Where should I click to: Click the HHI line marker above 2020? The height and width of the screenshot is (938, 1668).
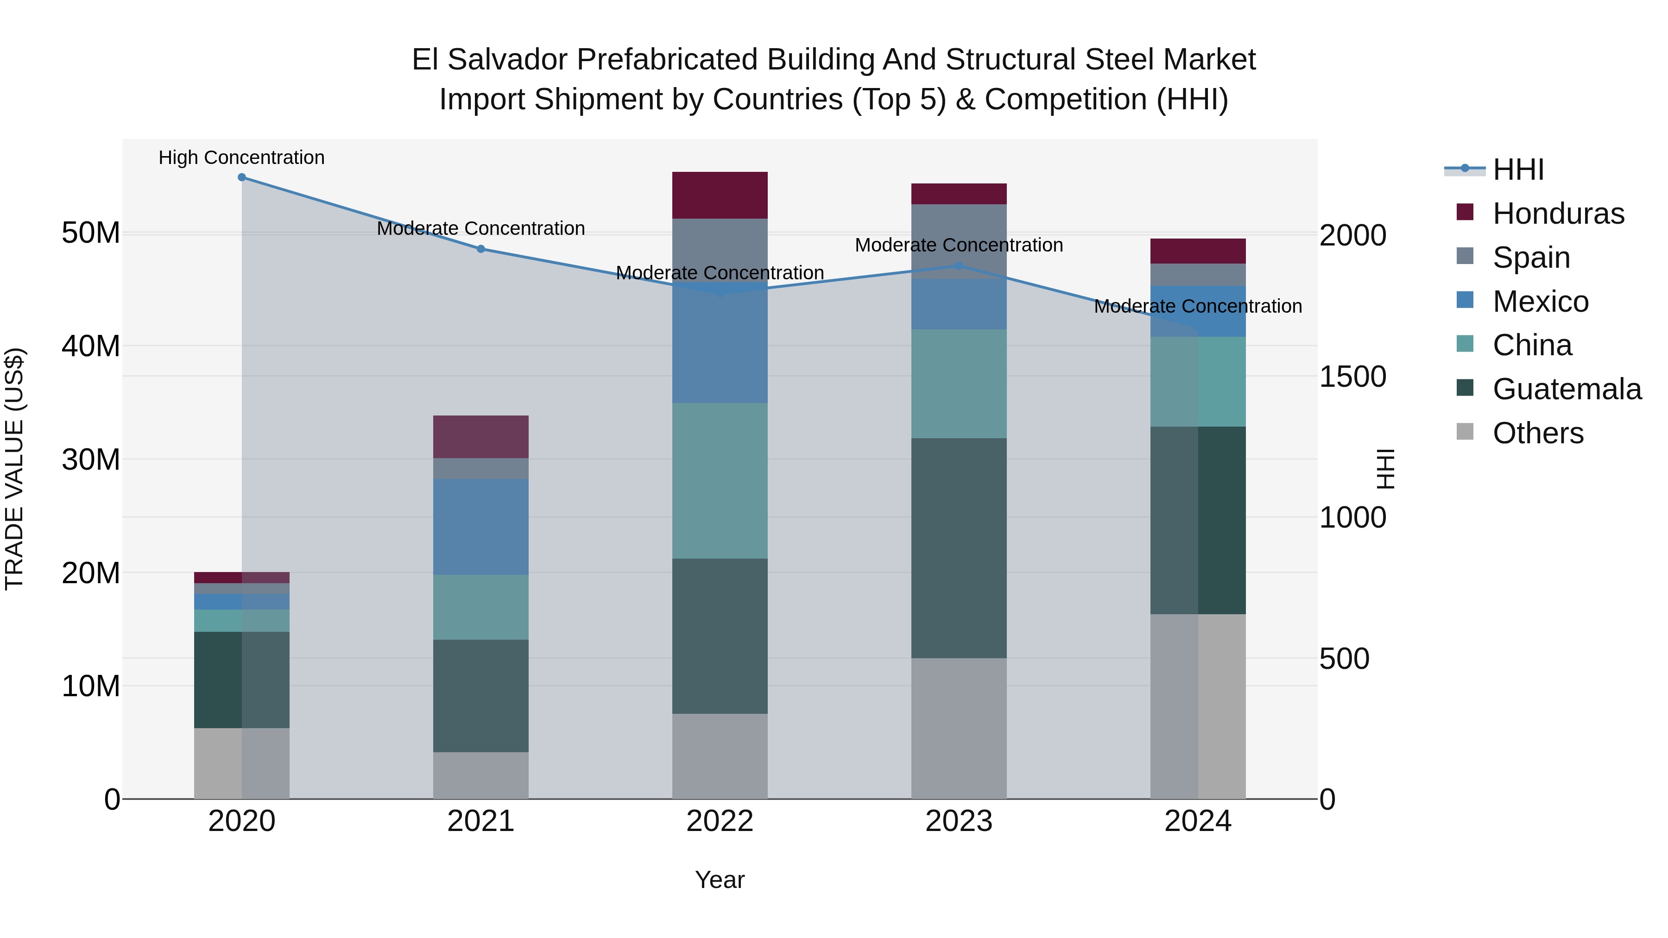[241, 177]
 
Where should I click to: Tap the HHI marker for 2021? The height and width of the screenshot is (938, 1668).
[480, 249]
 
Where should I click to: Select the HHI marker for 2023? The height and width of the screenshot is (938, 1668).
[959, 266]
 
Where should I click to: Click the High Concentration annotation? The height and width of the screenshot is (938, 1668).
[241, 158]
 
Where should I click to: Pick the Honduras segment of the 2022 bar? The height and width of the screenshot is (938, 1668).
[720, 195]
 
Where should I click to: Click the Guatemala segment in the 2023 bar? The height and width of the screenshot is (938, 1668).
[959, 548]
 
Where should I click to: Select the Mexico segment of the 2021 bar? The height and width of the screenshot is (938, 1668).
[480, 527]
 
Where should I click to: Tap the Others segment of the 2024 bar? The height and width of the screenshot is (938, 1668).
[1198, 706]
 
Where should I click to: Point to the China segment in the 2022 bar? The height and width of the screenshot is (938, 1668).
[720, 481]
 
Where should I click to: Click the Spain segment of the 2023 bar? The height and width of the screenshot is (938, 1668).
[959, 241]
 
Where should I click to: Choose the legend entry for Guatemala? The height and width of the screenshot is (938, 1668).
[1567, 390]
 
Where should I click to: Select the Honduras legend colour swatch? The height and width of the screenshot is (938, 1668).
[1465, 212]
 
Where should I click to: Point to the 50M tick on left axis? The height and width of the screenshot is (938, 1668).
[91, 233]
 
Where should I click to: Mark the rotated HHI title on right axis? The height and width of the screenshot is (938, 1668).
[1385, 469]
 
